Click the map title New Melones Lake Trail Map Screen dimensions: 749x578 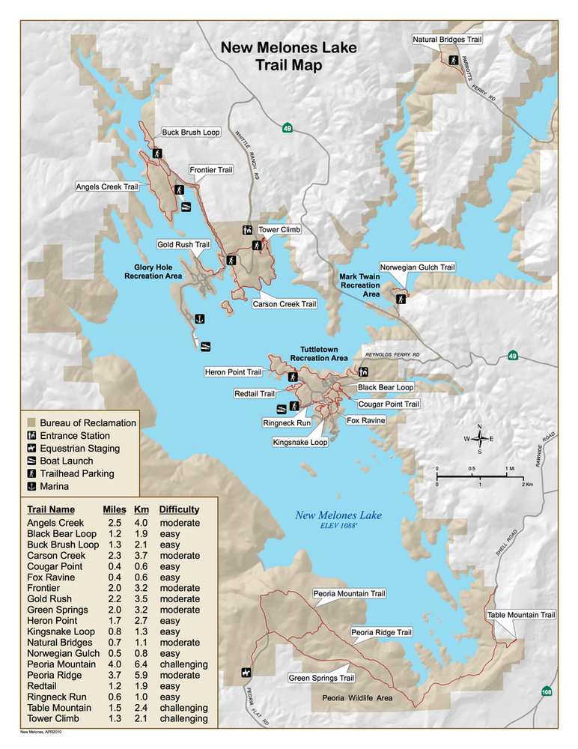288,57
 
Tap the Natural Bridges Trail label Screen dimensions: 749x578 447,39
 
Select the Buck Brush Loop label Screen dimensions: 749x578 191,133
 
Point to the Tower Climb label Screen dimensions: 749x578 279,230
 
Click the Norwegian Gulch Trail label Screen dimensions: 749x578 417,267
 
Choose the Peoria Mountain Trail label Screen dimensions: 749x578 349,594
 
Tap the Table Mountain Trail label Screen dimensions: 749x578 521,615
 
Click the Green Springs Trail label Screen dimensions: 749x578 321,679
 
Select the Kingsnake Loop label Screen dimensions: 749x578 299,443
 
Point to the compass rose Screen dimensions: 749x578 479,439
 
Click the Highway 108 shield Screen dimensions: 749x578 547,692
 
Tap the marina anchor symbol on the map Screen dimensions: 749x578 199,320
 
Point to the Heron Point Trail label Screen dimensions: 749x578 233,372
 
